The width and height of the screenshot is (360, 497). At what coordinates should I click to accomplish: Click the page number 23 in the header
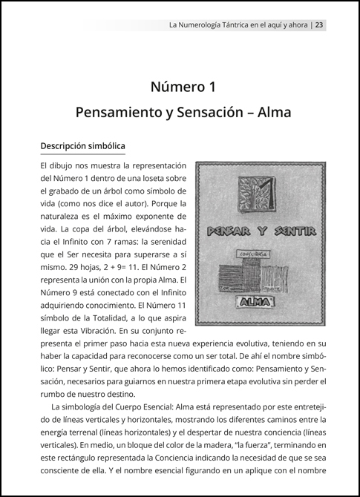318,24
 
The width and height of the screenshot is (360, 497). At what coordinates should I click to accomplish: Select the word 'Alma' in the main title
269,113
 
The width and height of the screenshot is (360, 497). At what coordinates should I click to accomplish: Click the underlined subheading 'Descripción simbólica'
82,145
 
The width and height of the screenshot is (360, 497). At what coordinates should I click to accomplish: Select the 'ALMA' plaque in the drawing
256,301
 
